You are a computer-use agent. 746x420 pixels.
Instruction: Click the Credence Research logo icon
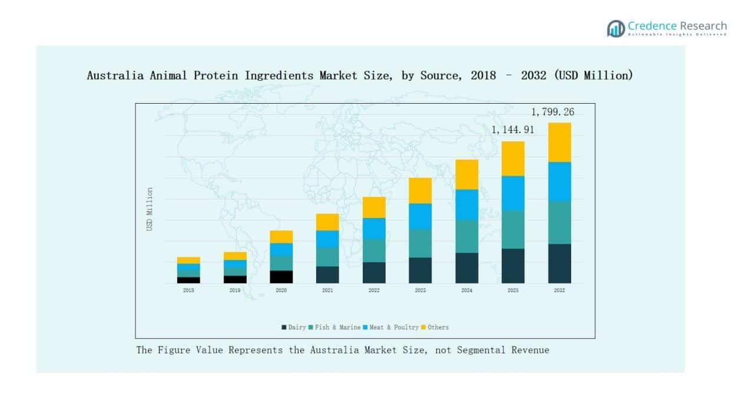point(616,28)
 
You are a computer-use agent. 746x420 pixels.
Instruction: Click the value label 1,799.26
point(552,112)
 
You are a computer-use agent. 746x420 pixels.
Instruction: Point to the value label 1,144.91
point(513,130)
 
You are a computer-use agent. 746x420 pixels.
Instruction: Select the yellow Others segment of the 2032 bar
point(559,142)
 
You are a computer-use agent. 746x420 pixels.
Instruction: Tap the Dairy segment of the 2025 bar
point(513,266)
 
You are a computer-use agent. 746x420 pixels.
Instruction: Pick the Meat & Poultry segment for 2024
point(466,204)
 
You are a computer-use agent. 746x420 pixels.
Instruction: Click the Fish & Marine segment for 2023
point(420,243)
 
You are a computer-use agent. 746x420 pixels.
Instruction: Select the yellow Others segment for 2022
point(374,207)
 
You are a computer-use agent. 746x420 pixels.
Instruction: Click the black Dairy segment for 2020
point(281,277)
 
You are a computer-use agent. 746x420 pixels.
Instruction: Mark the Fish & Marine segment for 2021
point(327,256)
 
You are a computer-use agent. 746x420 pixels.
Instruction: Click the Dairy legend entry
point(294,328)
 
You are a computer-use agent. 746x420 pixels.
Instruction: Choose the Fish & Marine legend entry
point(334,328)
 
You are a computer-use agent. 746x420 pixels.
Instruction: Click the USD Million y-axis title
point(150,209)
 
